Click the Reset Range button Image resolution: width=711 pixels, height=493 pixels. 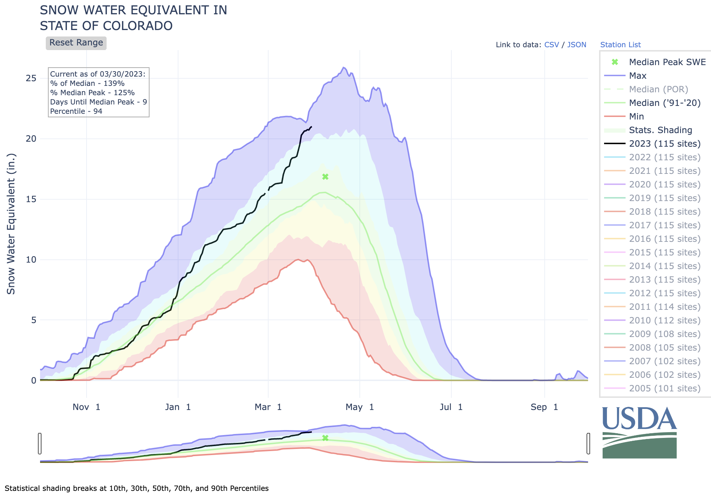pyautogui.click(x=76, y=43)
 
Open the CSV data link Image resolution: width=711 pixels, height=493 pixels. pyautogui.click(x=551, y=45)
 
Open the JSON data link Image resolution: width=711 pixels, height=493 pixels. pyautogui.click(x=577, y=45)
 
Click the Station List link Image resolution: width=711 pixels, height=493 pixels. pyautogui.click(x=620, y=45)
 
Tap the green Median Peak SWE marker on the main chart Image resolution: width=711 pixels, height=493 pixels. pyautogui.click(x=325, y=177)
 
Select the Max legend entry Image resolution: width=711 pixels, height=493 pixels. pyautogui.click(x=638, y=76)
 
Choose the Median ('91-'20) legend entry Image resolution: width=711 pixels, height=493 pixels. pyautogui.click(x=665, y=103)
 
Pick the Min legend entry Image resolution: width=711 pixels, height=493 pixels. pyautogui.click(x=636, y=117)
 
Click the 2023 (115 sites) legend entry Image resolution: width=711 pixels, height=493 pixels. pyautogui.click(x=665, y=144)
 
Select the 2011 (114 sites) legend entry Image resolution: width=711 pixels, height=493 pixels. pyautogui.click(x=665, y=307)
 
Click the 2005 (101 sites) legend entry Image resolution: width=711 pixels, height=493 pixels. pyautogui.click(x=665, y=389)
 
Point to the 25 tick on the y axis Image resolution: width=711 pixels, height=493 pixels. pyautogui.click(x=31, y=78)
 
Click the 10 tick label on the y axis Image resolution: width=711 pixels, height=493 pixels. pyautogui.click(x=31, y=260)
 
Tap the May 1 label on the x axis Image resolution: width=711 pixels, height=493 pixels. pyautogui.click(x=359, y=407)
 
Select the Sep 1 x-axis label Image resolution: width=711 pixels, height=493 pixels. pyautogui.click(x=544, y=407)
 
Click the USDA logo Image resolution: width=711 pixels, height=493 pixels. pyautogui.click(x=639, y=433)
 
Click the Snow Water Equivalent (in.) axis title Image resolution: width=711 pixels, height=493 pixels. pyautogui.click(x=11, y=224)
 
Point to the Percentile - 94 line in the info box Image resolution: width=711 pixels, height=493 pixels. pyautogui.click(x=76, y=111)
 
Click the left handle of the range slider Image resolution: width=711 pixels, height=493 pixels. pyautogui.click(x=40, y=444)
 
